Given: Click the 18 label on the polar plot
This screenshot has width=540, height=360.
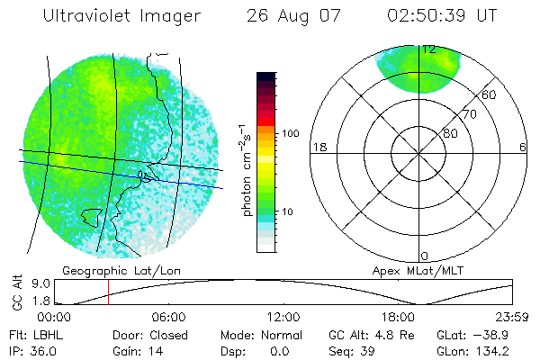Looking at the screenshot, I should point(318,147).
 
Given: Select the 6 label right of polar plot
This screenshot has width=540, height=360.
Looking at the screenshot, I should point(524,147).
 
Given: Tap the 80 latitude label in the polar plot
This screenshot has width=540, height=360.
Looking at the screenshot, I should point(450,133).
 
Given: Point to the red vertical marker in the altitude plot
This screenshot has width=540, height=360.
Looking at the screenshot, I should point(108,292).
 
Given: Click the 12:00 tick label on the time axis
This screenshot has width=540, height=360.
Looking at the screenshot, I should point(283,317).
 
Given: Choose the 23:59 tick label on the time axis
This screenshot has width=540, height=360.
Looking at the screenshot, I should point(512,317).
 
